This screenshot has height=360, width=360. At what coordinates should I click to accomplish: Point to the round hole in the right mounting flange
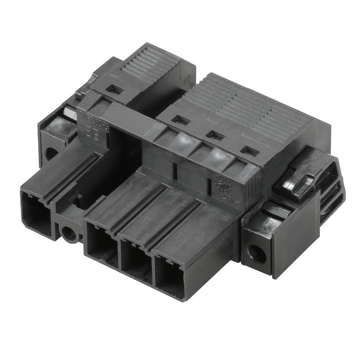[258, 255]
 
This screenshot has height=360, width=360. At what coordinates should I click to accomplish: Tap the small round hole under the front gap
[70, 234]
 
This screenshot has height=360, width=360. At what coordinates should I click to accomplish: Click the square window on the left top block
[115, 89]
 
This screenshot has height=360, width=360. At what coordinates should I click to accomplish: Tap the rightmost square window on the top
[250, 151]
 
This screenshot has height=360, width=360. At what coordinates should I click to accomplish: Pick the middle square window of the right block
[215, 135]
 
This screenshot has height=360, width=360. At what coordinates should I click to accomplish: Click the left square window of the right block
[181, 120]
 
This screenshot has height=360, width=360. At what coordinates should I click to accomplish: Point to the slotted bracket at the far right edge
[335, 189]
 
